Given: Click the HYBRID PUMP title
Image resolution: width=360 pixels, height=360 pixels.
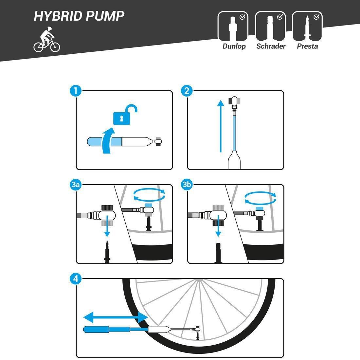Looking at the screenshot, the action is (x=79, y=16).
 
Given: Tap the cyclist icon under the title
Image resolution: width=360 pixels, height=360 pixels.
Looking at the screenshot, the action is (x=47, y=40).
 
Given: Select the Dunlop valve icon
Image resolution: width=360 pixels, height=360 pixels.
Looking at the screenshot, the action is (x=233, y=26).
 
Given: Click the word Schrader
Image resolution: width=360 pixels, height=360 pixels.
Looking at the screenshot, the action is (x=271, y=46).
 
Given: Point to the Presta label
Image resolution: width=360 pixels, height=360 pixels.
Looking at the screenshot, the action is (x=307, y=46).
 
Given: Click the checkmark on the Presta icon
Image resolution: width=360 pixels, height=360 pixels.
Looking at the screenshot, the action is (x=316, y=17).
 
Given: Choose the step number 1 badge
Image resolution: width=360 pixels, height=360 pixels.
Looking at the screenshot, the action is (x=76, y=91).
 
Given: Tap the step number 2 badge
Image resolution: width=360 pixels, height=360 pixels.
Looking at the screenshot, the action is (x=187, y=91).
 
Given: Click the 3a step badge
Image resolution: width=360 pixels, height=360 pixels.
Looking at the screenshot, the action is (x=76, y=185).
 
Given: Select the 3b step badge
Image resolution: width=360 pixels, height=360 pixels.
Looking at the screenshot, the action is (x=187, y=185).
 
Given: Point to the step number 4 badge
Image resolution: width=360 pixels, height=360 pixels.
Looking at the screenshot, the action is (x=76, y=279).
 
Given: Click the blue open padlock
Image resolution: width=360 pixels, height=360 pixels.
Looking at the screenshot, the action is (x=125, y=115).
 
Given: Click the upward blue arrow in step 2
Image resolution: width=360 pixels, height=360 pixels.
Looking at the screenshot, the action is (x=221, y=126).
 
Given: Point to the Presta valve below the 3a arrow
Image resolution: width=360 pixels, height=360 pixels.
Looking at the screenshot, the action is (x=107, y=252).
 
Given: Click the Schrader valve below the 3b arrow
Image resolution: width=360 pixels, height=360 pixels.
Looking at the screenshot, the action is (x=218, y=253).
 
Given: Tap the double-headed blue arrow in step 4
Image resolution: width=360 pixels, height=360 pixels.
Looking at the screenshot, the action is (x=116, y=317).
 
